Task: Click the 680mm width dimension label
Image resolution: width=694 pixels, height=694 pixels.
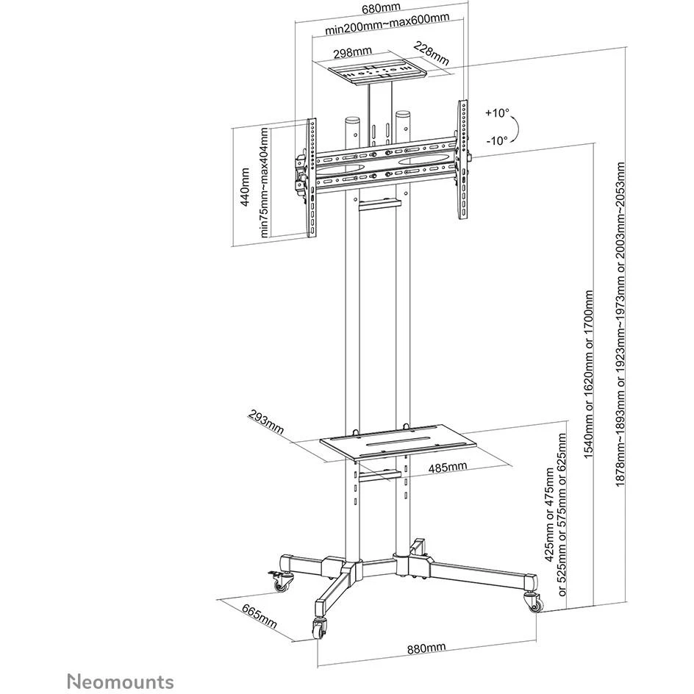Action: (x=381, y=8)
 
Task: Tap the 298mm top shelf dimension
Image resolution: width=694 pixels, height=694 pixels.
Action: (x=352, y=53)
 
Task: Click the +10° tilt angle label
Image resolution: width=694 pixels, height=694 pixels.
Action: (x=497, y=113)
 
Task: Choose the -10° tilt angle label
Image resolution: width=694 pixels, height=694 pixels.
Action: (x=497, y=140)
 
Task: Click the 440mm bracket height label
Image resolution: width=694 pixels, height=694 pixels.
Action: (x=244, y=187)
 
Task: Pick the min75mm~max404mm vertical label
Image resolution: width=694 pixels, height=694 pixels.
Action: (x=264, y=183)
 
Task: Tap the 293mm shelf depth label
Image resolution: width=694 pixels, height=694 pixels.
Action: (x=265, y=423)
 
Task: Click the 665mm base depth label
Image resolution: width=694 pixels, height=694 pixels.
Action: (x=260, y=615)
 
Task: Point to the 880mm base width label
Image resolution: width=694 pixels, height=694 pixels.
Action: (x=426, y=648)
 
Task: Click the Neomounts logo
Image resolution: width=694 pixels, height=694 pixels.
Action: (x=120, y=681)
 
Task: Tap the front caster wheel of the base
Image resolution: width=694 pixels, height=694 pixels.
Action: (x=320, y=628)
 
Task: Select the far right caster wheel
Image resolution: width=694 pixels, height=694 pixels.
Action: (x=532, y=601)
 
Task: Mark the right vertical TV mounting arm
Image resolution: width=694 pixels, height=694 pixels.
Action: (x=462, y=160)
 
